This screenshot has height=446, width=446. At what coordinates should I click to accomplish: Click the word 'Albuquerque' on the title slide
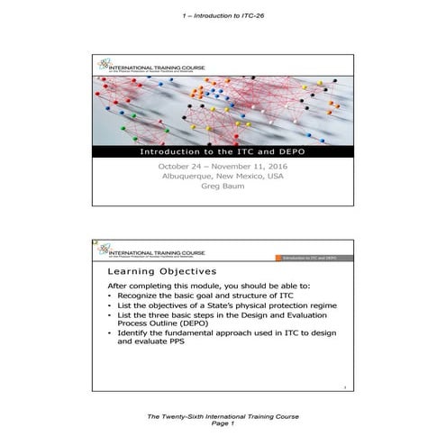[186, 177]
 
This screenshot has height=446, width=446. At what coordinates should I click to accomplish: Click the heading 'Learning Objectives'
[160, 271]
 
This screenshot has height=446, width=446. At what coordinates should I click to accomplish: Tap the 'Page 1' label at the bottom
[223, 431]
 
